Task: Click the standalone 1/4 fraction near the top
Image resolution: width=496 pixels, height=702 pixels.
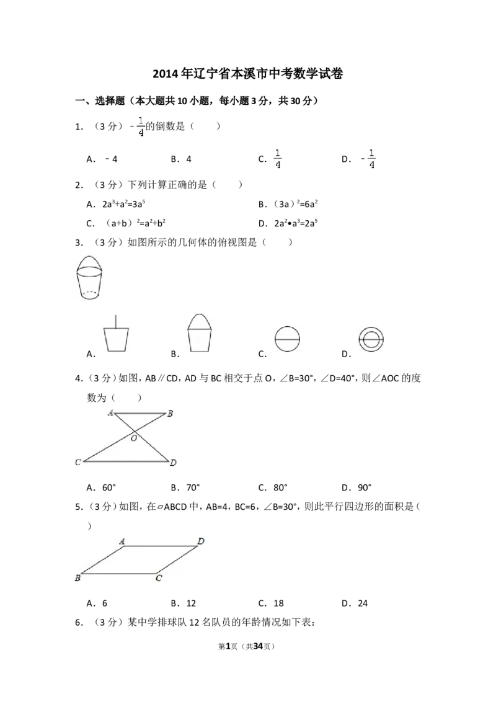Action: pos(141,127)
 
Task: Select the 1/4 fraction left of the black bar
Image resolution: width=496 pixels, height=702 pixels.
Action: pos(278,159)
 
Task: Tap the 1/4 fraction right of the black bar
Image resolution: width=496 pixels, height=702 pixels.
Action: pos(371,159)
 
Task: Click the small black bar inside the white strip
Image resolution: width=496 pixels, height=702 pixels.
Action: pos(351,159)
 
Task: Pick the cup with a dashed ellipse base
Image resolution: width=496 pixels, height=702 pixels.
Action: pos(89,278)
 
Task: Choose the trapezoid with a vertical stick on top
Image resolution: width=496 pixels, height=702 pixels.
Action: pos(117,334)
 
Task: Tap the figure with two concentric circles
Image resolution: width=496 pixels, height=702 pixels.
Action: pos(371,338)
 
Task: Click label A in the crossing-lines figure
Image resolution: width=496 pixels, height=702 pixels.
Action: pos(110,412)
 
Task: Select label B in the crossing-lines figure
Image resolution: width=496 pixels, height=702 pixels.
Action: pos(170,413)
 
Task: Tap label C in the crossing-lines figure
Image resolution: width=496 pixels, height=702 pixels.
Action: pos(78,463)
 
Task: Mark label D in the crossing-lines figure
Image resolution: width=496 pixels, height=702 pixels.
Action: pos(174,463)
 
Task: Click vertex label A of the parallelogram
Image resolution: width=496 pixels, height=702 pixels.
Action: pos(122,541)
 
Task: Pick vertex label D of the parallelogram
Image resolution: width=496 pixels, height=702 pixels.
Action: pos(200,541)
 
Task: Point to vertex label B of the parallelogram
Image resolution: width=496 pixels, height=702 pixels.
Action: pos(77,579)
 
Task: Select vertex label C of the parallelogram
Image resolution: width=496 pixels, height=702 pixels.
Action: pos(159,579)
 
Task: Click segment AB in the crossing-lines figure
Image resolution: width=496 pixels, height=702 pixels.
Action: pos(139,413)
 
